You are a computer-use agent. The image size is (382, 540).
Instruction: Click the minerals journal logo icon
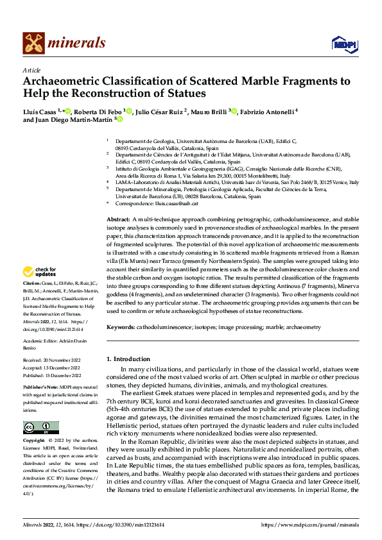[33, 43]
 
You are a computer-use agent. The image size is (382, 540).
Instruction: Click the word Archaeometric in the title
[64, 81]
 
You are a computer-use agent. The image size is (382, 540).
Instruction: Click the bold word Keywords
[120, 327]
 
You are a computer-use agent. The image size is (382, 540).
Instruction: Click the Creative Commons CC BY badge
[40, 428]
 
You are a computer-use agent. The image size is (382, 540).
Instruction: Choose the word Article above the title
[31, 71]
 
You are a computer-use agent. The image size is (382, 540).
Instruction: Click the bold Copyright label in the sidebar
[33, 441]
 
